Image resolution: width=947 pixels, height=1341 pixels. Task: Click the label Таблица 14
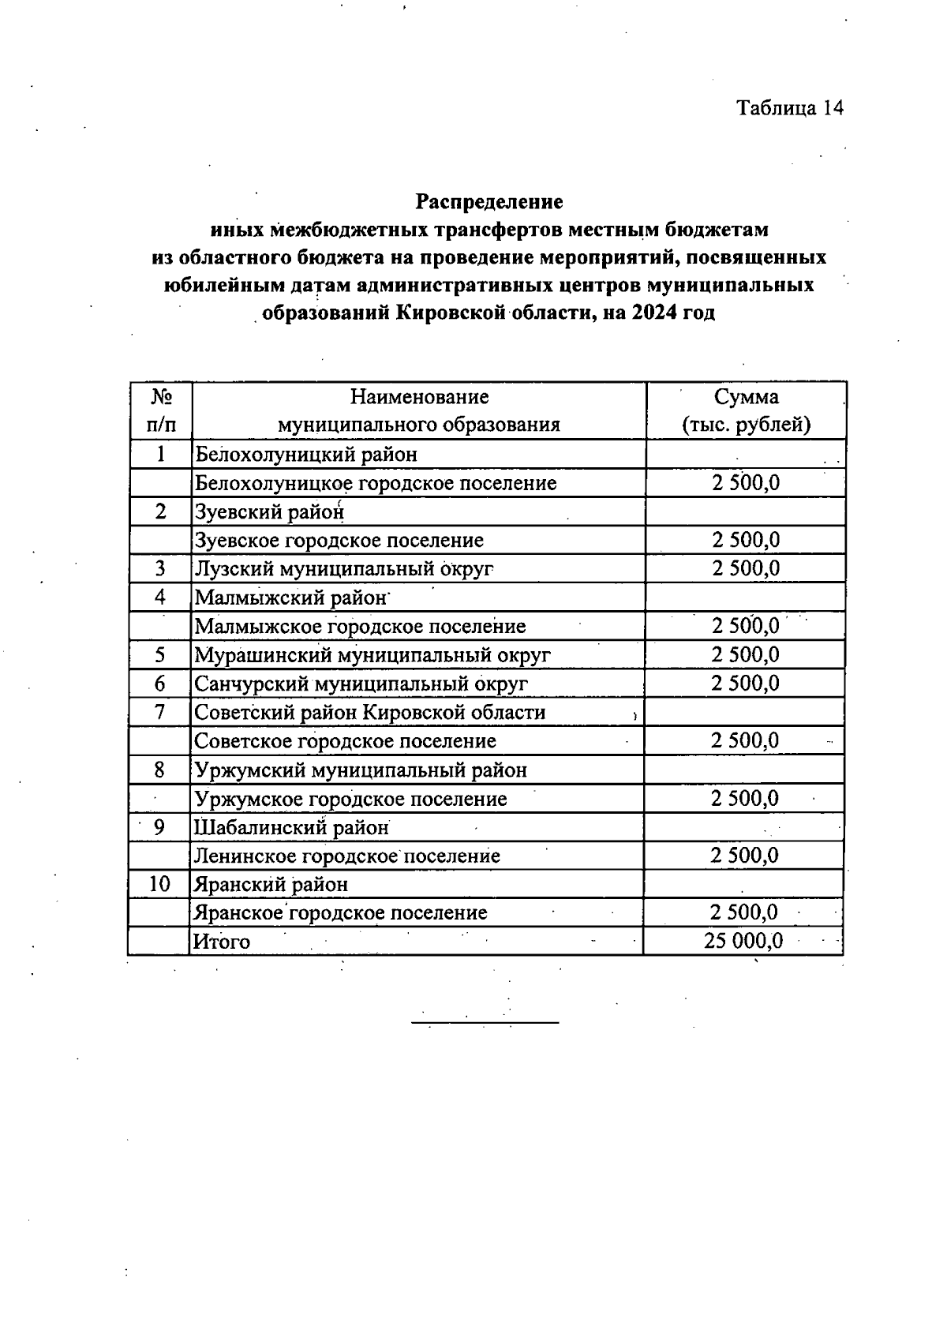(x=790, y=107)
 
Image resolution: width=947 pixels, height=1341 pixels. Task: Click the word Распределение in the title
(x=489, y=202)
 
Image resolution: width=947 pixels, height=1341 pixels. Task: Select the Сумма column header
(x=746, y=396)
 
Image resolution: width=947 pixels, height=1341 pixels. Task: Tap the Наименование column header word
(x=419, y=396)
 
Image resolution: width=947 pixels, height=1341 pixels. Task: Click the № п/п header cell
(x=160, y=410)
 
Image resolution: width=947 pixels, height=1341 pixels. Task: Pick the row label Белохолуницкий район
(x=306, y=454)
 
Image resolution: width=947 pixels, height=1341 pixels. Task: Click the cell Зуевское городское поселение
(x=339, y=540)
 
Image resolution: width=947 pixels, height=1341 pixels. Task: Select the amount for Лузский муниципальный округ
(x=746, y=568)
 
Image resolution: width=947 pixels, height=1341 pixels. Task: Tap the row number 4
(x=160, y=597)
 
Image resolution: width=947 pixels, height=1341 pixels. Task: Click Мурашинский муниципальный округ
(x=372, y=654)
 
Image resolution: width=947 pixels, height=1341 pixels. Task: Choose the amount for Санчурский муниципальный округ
(x=745, y=683)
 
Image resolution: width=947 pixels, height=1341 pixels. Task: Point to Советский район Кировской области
(x=370, y=712)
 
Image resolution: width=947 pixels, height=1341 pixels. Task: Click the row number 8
(x=160, y=770)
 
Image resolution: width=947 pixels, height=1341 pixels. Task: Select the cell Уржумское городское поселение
(x=351, y=799)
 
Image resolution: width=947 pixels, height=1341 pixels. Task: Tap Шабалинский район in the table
(x=292, y=827)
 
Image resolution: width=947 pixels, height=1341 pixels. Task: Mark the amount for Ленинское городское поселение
(x=744, y=856)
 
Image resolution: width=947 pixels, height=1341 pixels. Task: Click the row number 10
(x=159, y=884)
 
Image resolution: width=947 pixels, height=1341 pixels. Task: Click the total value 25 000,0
(x=743, y=941)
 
